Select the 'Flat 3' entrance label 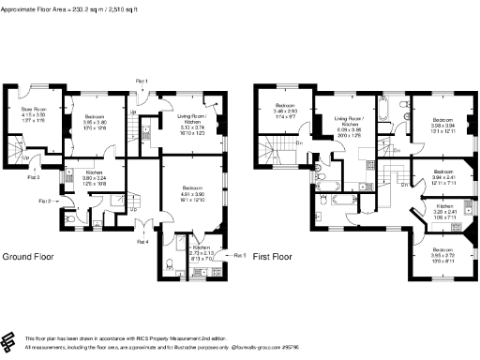(x=33, y=176)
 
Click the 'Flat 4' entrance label (x=142, y=241)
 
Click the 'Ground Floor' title (x=30, y=256)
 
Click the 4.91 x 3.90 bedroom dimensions (x=190, y=195)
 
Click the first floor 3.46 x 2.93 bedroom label (x=286, y=109)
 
